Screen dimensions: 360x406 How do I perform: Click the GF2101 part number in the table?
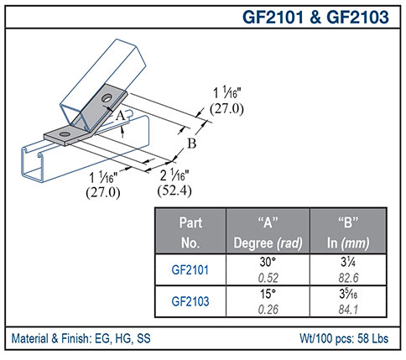tap(190, 271)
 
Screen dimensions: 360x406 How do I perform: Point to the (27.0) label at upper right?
tap(216, 108)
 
